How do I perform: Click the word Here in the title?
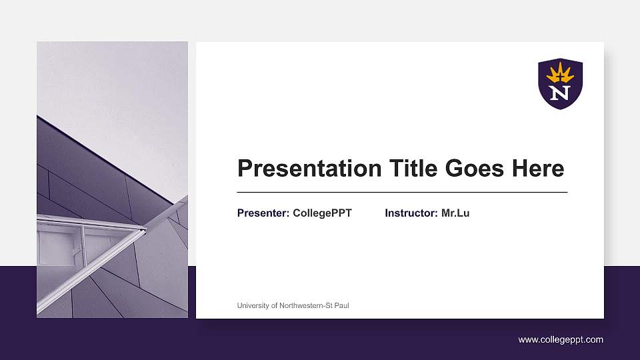(x=537, y=169)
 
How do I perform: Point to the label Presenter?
(x=263, y=213)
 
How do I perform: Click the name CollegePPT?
(x=322, y=213)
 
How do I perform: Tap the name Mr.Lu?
(x=455, y=213)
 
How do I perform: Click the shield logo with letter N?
(x=560, y=83)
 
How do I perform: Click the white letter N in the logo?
(x=560, y=93)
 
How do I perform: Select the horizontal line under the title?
(x=402, y=192)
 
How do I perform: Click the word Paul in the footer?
(x=341, y=306)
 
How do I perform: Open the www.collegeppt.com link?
(x=561, y=340)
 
